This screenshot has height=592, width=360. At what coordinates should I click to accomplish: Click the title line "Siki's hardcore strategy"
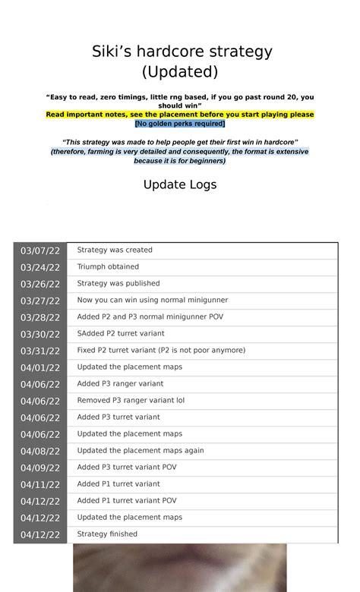(x=180, y=52)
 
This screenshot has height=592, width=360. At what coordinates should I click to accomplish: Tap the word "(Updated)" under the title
(x=180, y=71)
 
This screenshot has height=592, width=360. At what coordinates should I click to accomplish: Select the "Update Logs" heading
(x=180, y=184)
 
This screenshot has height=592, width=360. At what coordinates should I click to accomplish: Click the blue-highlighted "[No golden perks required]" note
(x=180, y=123)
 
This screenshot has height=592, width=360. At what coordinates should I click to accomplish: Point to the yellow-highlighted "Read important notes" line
(x=180, y=115)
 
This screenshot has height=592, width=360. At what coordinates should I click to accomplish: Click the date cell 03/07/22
(x=40, y=250)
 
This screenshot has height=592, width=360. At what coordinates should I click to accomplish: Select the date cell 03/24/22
(x=40, y=267)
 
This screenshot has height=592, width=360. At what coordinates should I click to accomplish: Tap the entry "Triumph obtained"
(x=108, y=267)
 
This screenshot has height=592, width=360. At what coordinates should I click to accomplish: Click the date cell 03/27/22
(x=40, y=301)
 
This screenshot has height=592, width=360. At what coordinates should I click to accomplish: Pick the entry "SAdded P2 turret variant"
(x=121, y=334)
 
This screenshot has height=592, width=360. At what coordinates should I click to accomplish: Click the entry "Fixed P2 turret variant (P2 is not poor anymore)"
(x=161, y=351)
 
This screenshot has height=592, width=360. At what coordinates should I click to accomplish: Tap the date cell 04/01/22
(x=40, y=367)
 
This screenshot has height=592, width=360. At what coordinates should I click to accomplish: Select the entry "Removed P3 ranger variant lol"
(x=131, y=401)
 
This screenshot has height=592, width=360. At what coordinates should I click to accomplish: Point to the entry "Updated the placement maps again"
(x=141, y=451)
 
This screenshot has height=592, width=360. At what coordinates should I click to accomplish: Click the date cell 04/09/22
(x=40, y=468)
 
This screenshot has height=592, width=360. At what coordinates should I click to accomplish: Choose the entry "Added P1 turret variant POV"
(x=127, y=501)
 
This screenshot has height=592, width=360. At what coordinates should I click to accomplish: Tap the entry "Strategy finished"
(x=107, y=534)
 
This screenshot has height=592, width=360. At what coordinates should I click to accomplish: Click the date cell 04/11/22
(x=40, y=484)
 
